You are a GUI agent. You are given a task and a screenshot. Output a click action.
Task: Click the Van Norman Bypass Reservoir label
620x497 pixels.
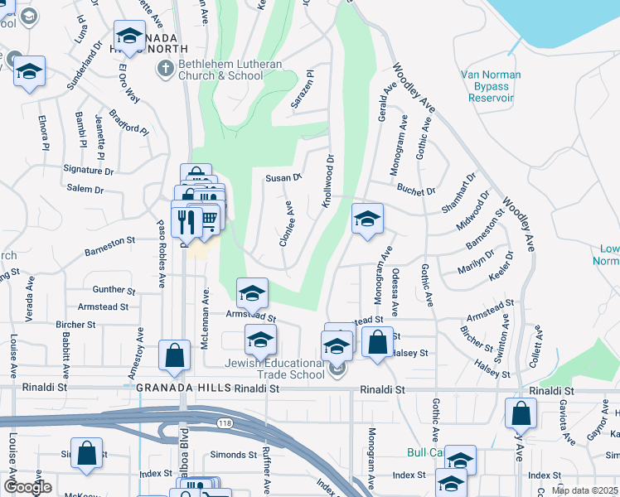point(492,86)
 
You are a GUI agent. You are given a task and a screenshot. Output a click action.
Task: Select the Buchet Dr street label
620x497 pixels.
point(416,191)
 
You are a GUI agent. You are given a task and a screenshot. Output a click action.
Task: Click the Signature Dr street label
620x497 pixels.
point(89,171)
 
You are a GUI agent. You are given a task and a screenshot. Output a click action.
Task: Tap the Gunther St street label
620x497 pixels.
point(114,291)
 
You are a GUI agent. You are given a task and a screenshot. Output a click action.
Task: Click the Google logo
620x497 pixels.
point(27,487)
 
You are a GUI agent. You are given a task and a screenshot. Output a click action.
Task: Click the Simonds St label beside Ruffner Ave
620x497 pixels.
point(234,455)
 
